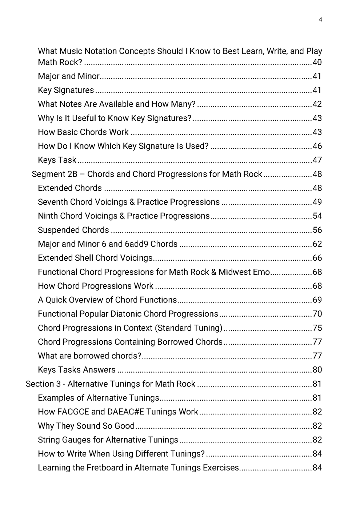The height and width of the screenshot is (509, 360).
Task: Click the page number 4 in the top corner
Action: [320, 20]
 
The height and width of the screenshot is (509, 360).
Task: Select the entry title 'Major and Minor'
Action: [69, 76]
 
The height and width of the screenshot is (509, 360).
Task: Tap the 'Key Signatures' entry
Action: [66, 90]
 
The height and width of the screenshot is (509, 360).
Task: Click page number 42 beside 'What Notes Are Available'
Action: [317, 104]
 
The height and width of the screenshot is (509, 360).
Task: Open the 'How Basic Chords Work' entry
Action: [83, 132]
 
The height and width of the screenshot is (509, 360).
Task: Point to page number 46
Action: [317, 146]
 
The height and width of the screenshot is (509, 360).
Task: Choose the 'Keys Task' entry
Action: [57, 160]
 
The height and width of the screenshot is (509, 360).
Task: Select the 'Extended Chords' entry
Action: [70, 188]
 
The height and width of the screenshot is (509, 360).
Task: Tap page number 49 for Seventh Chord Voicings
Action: [317, 202]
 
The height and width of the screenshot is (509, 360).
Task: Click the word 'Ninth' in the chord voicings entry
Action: [48, 216]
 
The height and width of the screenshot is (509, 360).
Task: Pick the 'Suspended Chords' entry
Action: [73, 230]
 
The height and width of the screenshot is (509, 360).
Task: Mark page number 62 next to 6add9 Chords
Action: [317, 244]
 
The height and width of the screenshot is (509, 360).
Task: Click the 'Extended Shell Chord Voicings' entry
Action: [95, 258]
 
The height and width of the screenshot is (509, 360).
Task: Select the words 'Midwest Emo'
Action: [244, 272]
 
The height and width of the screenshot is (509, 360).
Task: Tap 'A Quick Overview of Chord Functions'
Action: [107, 300]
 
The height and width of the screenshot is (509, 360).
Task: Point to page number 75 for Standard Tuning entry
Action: [317, 328]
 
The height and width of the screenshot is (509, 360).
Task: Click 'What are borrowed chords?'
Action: [89, 356]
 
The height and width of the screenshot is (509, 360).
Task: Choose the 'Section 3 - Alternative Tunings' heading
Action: [111, 384]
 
